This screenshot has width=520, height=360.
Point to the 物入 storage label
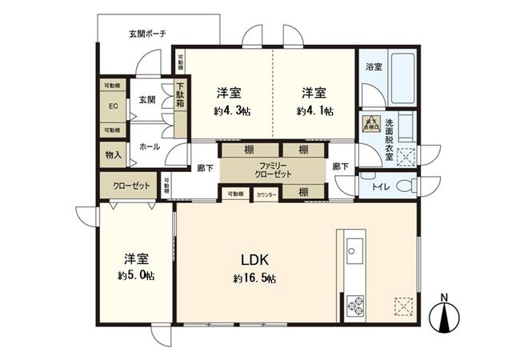(x=113, y=154)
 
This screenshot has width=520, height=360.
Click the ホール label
(x=149, y=147)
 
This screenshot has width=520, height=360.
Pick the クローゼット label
(x=130, y=186)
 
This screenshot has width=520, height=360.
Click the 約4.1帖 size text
(x=315, y=110)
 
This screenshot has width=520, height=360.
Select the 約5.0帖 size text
(x=134, y=275)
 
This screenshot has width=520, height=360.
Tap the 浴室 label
(x=373, y=66)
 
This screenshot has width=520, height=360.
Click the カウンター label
(x=266, y=194)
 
